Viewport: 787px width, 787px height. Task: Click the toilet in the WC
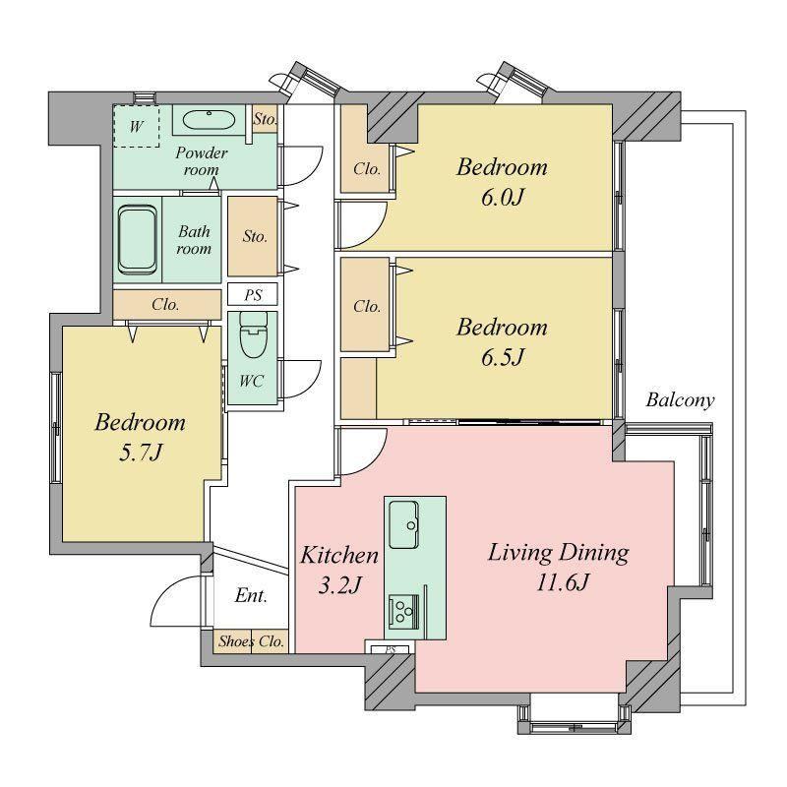point(254,334)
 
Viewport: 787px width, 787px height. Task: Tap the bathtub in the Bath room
point(137,239)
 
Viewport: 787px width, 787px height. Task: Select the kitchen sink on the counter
point(403,524)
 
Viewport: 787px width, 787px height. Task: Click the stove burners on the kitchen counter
point(404,611)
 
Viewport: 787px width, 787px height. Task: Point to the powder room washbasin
point(209,120)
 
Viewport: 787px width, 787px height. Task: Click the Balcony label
point(680,400)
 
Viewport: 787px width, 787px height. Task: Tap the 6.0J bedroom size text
point(503,197)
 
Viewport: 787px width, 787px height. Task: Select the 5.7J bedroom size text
point(141,453)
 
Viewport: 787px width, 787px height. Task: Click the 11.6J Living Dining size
point(563,582)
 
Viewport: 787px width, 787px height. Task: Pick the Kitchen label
point(339,555)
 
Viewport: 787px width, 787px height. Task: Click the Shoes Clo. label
point(251,641)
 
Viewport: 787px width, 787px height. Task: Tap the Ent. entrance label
point(251,596)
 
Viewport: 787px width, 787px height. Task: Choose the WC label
point(251,381)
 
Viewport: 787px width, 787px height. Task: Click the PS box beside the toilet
point(253,294)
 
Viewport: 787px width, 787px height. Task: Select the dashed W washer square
point(136,126)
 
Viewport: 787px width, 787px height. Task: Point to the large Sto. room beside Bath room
point(253,236)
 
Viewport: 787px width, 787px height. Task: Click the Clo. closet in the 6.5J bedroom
point(365,305)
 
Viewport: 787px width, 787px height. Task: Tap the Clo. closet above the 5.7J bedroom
point(167,304)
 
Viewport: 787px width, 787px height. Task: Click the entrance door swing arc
point(170,592)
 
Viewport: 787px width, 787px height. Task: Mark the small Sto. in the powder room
point(265,119)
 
